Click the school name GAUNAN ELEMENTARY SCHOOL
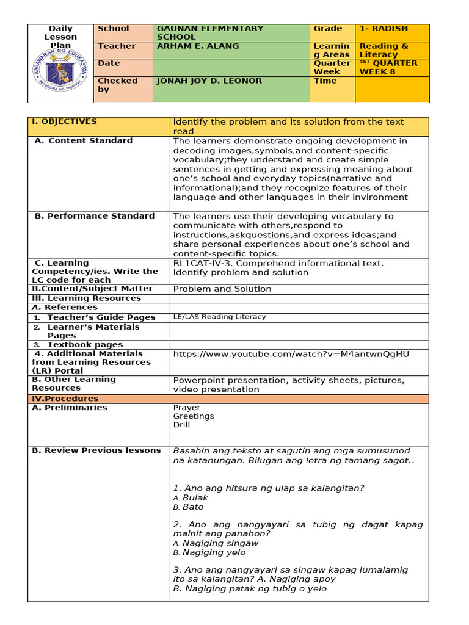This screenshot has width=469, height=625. coord(210,32)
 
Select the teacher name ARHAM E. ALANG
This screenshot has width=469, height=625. coord(198,46)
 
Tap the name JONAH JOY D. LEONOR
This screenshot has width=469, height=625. coord(209,81)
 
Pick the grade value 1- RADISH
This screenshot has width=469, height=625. coord(384,29)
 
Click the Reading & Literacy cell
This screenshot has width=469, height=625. coord(384,50)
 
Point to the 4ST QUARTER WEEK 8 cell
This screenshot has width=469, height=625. coord(388,67)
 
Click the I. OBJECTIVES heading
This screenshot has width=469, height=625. coord(64,121)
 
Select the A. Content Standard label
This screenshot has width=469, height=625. coord(84,140)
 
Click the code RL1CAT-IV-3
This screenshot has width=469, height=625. coord(201,263)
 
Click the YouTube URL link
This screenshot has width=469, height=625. coord(291,354)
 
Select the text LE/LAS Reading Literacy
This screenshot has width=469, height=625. coord(220,317)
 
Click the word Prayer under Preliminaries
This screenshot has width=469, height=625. coord(186,408)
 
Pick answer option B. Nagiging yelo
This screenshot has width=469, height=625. coord(209,552)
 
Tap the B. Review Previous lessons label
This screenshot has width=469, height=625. coord(96,450)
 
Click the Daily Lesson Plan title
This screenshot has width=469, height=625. coord(60,37)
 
